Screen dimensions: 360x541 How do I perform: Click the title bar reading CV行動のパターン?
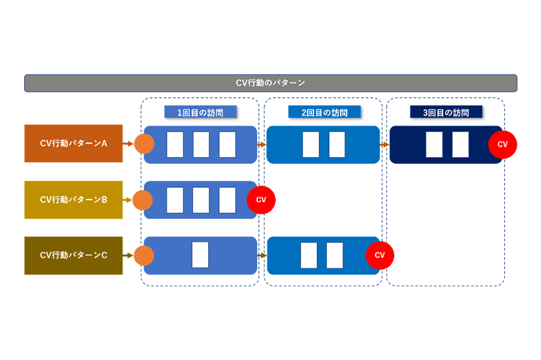(x=270, y=83)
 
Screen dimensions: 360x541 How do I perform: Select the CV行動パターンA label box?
(x=73, y=144)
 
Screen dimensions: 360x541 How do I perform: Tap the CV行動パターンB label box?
(x=73, y=199)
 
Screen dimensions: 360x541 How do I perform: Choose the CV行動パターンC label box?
(x=73, y=255)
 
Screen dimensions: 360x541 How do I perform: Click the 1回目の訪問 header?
(x=200, y=112)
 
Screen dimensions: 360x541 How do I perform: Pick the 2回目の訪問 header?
(x=324, y=112)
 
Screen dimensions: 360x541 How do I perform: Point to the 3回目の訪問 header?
(x=446, y=112)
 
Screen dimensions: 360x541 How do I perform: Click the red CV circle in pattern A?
(x=502, y=144)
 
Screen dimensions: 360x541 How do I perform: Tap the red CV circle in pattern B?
(x=261, y=199)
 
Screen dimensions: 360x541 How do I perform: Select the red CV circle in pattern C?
(x=380, y=255)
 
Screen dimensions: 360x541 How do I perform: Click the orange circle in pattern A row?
(x=144, y=144)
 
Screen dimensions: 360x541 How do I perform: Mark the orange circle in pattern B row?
(x=142, y=200)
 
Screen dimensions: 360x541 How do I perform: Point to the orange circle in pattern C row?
(x=144, y=256)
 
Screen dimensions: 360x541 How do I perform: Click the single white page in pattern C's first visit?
(x=200, y=255)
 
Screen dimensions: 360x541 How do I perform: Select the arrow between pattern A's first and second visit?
(x=261, y=144)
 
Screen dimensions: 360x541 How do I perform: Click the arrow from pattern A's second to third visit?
(x=384, y=144)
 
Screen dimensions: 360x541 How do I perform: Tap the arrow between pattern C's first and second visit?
(x=261, y=256)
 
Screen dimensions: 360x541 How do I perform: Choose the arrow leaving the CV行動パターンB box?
(x=127, y=200)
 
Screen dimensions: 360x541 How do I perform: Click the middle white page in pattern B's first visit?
(x=200, y=200)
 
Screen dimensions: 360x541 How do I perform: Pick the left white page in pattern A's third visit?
(x=434, y=144)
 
